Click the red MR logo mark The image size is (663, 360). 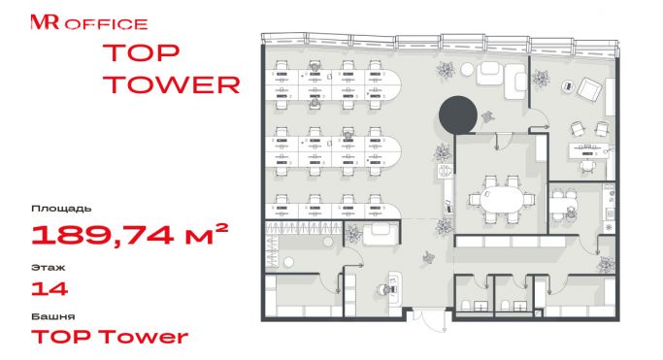45,22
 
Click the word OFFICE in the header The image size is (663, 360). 106,24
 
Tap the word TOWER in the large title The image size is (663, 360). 171,84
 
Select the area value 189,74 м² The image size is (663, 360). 130,235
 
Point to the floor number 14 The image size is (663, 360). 50,289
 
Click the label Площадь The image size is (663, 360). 61,209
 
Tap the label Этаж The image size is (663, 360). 49,268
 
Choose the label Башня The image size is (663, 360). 53,316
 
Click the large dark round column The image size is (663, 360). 458,115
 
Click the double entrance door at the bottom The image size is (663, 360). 429,320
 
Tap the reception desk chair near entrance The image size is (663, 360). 383,291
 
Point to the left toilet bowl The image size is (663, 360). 465,305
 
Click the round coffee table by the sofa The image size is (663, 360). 467,69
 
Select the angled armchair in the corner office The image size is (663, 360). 588,89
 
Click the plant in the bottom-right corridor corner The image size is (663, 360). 606,265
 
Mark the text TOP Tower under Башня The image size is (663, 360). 110,337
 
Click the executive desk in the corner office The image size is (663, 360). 588,149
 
